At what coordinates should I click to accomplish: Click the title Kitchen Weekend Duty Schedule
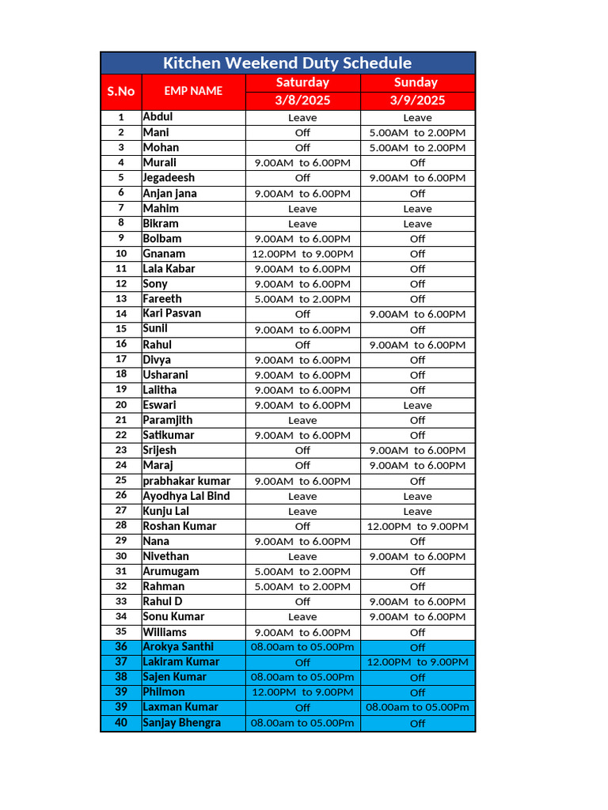[287, 63]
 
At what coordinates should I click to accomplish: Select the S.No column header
[121, 91]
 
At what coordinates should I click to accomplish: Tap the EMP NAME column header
[193, 91]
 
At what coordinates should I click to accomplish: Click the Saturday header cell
[302, 82]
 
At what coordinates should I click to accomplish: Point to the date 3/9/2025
[417, 100]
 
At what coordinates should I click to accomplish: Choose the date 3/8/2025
[302, 100]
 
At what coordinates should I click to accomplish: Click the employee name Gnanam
[164, 253]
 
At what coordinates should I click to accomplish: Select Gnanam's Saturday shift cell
[302, 254]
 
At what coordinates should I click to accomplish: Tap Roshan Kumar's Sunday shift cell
[417, 526]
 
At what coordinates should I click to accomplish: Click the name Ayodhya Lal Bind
[186, 496]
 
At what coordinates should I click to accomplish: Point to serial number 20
[121, 405]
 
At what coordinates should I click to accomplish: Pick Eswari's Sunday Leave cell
[417, 405]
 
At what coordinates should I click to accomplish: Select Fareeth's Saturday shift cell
[302, 299]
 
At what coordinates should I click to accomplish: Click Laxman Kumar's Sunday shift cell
[417, 707]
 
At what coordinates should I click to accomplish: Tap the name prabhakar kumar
[187, 481]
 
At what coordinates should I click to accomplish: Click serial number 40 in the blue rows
[121, 722]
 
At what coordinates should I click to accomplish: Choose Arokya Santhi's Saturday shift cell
[302, 647]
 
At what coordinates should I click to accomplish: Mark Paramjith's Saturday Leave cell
[302, 420]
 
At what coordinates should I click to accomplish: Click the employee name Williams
[165, 632]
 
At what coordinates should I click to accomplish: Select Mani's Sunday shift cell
[417, 133]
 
